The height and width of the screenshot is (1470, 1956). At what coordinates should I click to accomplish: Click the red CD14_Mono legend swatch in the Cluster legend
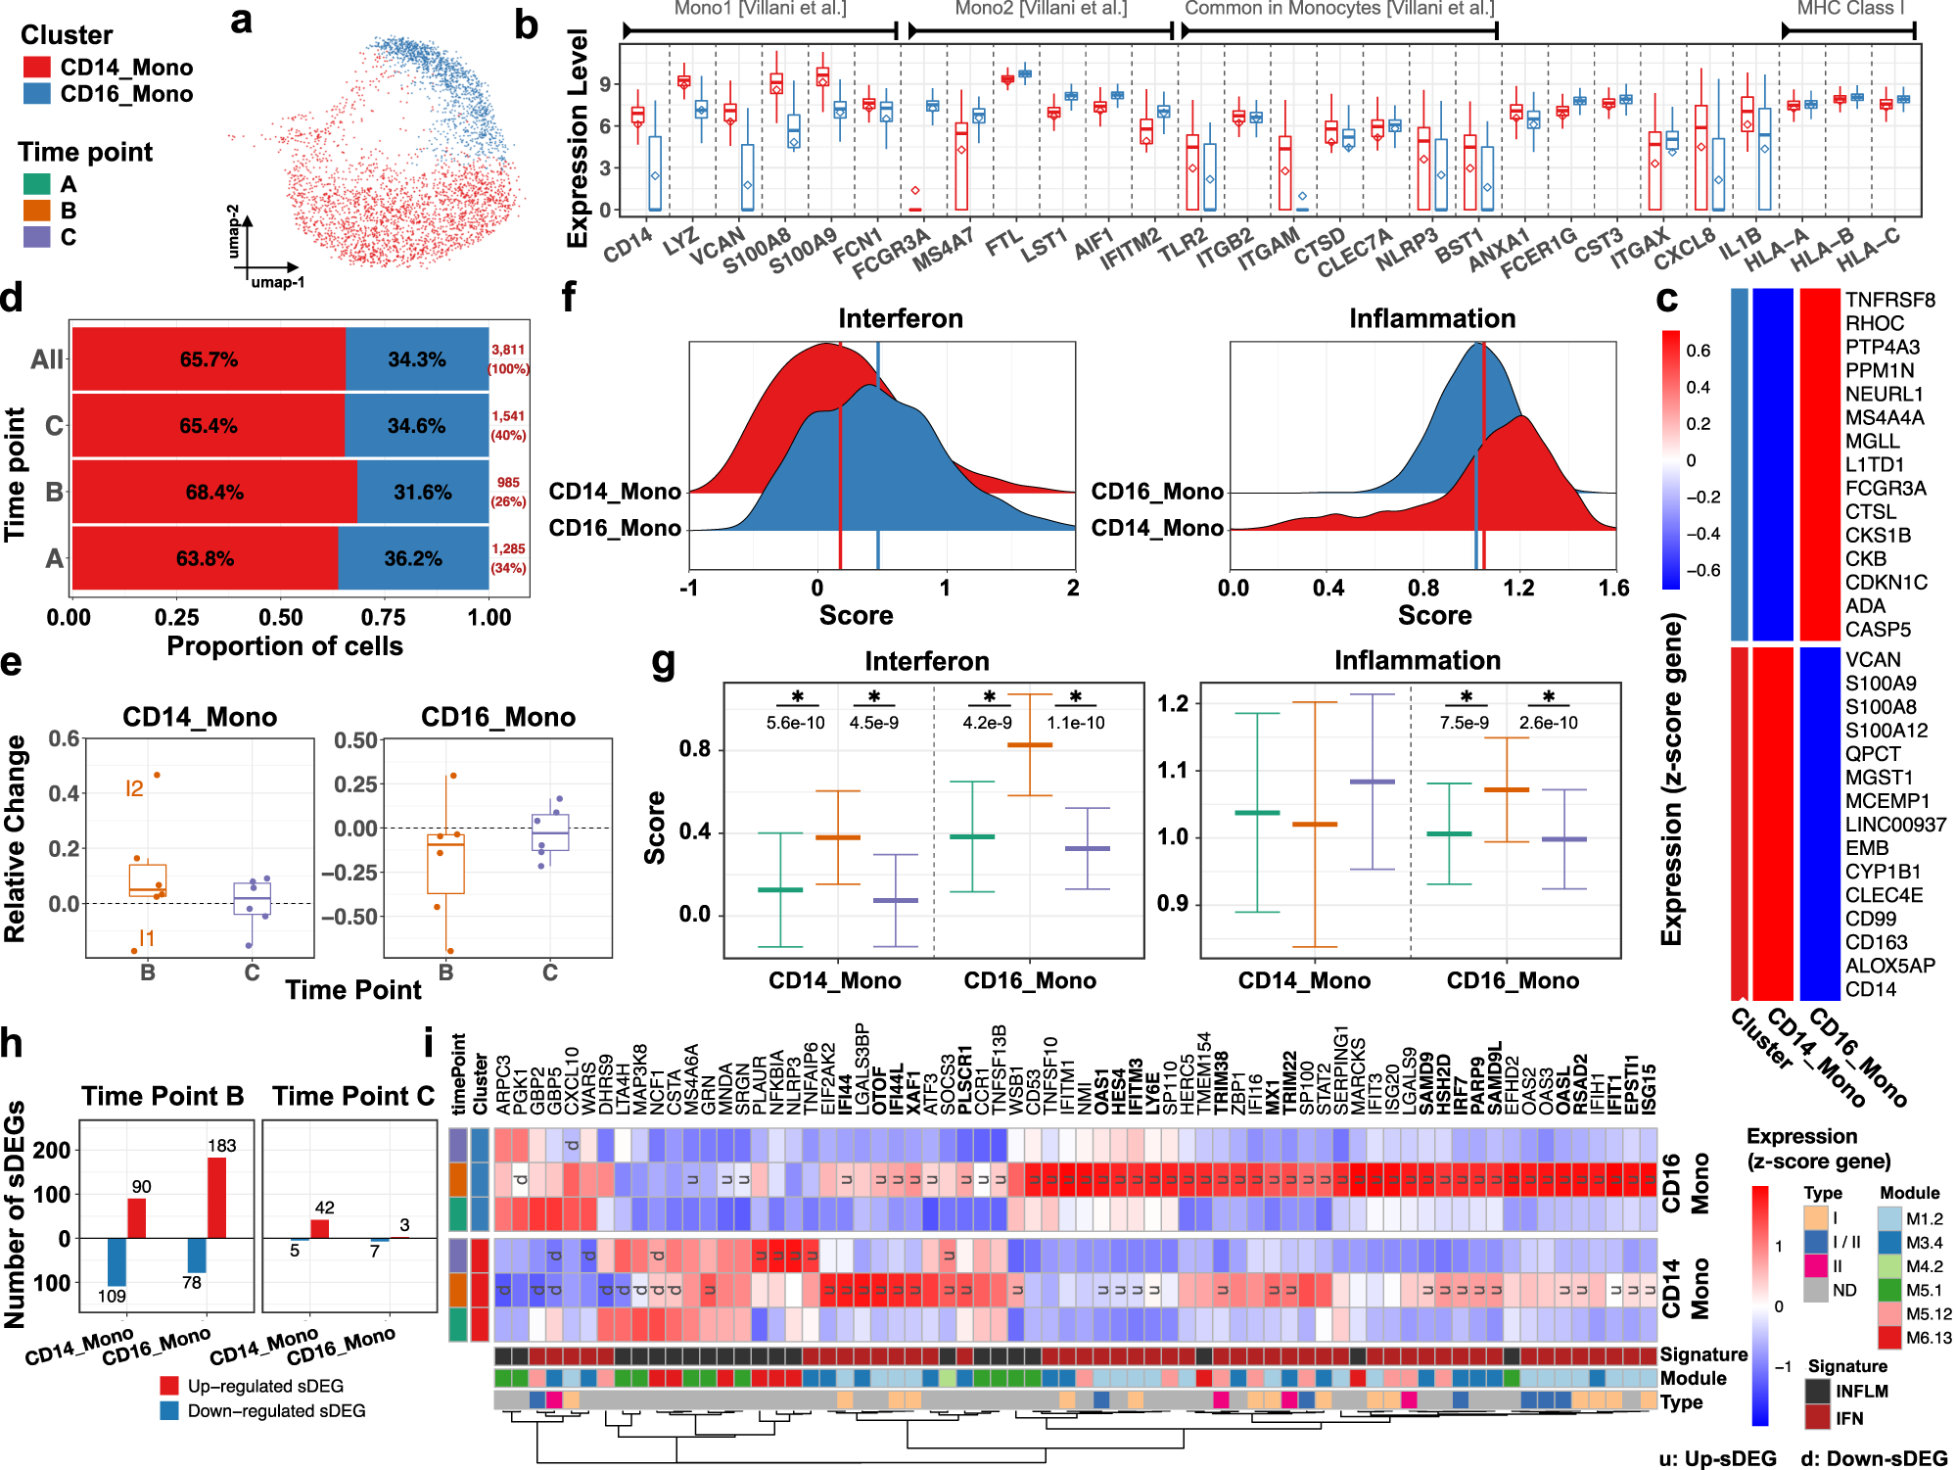(x=36, y=68)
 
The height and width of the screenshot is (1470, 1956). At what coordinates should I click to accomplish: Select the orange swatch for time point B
(x=36, y=211)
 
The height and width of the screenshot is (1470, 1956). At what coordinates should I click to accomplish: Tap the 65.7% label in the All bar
(x=209, y=359)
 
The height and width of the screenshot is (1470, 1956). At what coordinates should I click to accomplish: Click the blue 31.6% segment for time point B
(x=423, y=492)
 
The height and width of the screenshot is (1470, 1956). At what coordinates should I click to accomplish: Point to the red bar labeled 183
(x=216, y=1198)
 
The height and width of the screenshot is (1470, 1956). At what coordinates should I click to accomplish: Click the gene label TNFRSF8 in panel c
(x=1889, y=300)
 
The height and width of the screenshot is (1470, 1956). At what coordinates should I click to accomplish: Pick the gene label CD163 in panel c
(x=1876, y=942)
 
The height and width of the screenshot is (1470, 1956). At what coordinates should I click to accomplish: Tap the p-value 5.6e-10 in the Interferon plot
(x=795, y=723)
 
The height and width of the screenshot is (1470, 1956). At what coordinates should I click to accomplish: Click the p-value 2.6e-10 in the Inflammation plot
(x=1548, y=723)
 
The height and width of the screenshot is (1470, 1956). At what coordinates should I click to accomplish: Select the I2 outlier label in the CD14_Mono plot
(x=135, y=788)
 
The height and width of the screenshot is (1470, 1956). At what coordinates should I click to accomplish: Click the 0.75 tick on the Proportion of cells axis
(x=383, y=617)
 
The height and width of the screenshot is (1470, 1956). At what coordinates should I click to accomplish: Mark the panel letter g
(x=663, y=661)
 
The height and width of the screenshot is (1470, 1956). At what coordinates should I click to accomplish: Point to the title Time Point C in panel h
(x=353, y=1096)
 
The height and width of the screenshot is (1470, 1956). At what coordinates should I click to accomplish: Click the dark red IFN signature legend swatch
(x=1818, y=1417)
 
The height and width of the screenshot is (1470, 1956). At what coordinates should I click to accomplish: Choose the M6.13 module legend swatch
(x=1889, y=1338)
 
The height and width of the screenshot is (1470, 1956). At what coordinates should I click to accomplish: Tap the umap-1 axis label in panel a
(x=277, y=282)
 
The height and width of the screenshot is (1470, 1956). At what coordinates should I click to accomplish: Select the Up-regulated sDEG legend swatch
(x=169, y=1386)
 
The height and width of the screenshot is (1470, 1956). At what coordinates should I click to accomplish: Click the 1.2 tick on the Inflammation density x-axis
(x=1518, y=588)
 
